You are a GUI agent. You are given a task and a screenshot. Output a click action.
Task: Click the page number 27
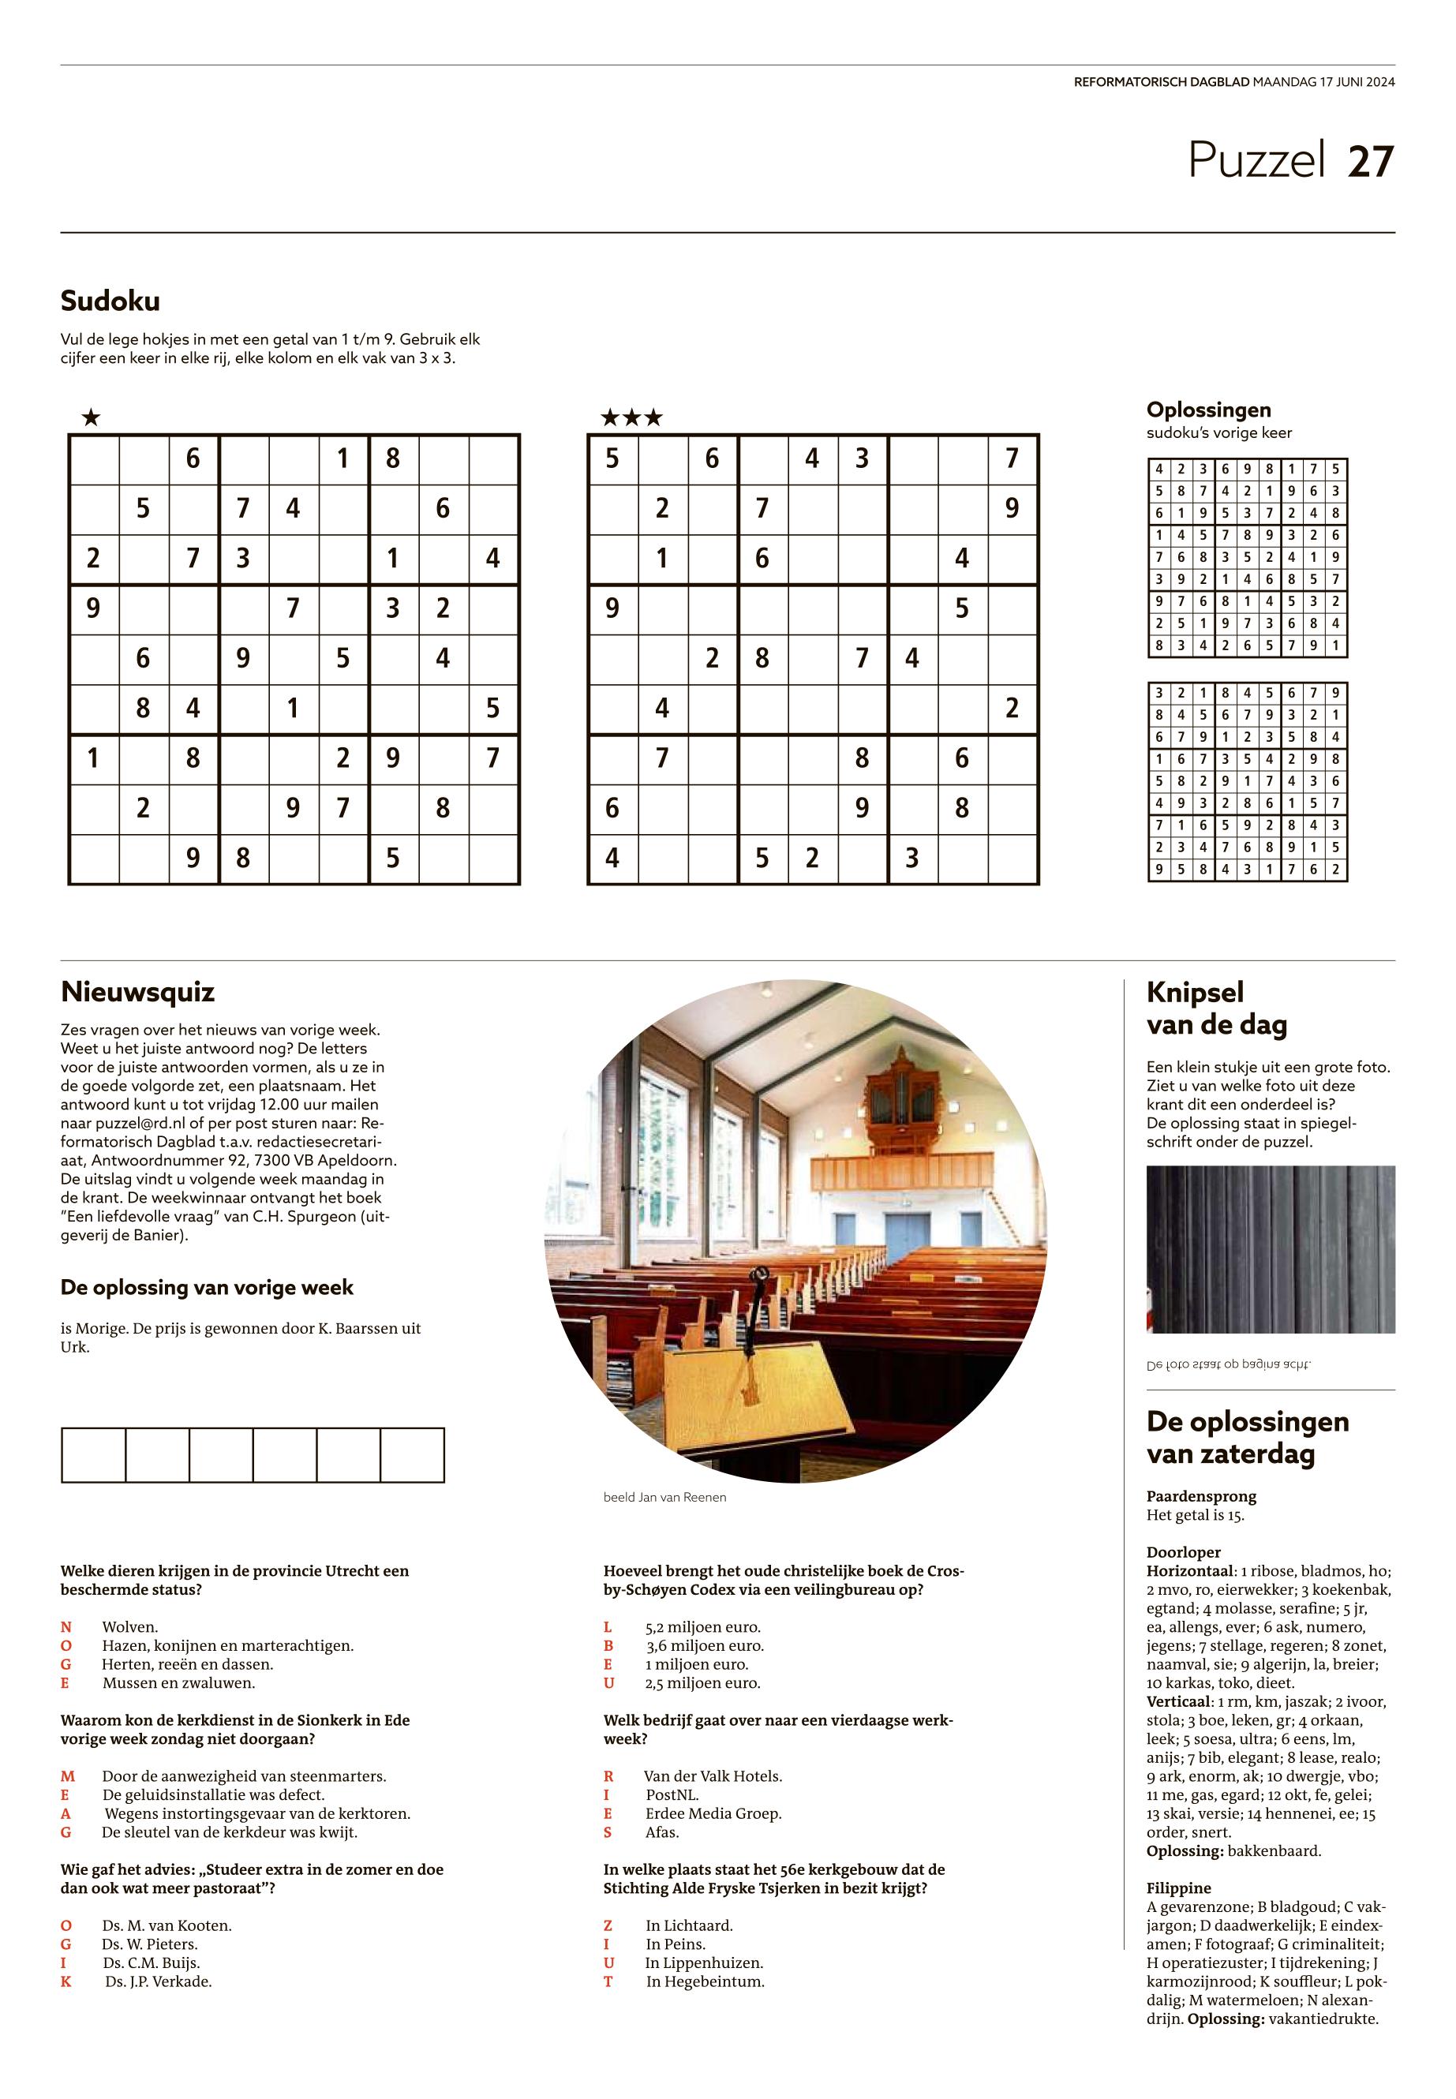pyautogui.click(x=1370, y=162)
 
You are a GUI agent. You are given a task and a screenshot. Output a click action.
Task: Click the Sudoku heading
pyautogui.click(x=110, y=300)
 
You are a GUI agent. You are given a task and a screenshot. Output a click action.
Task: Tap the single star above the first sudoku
pyautogui.click(x=90, y=419)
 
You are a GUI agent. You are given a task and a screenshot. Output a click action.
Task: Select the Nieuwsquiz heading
pyautogui.click(x=137, y=992)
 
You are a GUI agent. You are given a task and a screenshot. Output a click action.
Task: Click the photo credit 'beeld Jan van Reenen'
pyautogui.click(x=664, y=1497)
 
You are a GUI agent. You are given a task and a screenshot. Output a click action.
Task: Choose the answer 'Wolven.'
pyautogui.click(x=129, y=1626)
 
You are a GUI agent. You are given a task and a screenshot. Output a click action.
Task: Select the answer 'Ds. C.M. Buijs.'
pyautogui.click(x=151, y=1962)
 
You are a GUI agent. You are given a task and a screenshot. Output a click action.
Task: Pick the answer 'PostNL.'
pyautogui.click(x=672, y=1794)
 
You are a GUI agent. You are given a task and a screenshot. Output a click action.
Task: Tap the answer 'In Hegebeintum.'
pyautogui.click(x=704, y=1981)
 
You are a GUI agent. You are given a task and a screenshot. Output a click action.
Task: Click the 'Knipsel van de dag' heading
pyautogui.click(x=1217, y=1008)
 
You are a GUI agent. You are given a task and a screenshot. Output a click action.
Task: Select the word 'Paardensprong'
pyautogui.click(x=1200, y=1496)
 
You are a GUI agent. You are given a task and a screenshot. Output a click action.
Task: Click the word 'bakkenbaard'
pyautogui.click(x=1273, y=1851)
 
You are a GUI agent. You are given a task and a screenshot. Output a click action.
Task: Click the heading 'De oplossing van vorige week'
pyautogui.click(x=206, y=1287)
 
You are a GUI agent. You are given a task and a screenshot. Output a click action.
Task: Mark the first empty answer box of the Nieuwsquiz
pyautogui.click(x=93, y=1455)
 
